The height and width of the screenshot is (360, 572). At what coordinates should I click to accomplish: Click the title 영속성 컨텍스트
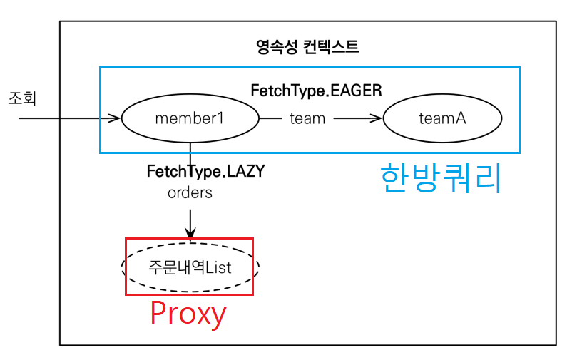pyautogui.click(x=307, y=48)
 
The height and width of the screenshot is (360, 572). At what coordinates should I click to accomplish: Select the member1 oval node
pyautogui.click(x=190, y=118)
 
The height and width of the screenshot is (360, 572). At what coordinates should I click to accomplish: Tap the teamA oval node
pyautogui.click(x=442, y=118)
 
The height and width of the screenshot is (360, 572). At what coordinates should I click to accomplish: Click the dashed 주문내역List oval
pyautogui.click(x=190, y=267)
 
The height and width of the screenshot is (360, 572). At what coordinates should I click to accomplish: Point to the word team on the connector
pyautogui.click(x=307, y=118)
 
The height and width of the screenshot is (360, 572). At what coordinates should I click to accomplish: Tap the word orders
pyautogui.click(x=190, y=192)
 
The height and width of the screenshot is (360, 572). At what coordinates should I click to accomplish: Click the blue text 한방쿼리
pyautogui.click(x=441, y=178)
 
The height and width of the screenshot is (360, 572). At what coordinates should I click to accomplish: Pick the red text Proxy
pyautogui.click(x=188, y=314)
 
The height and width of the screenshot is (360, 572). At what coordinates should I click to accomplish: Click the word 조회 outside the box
pyautogui.click(x=21, y=98)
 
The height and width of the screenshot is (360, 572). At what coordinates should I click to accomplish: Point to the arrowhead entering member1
pyautogui.click(x=116, y=118)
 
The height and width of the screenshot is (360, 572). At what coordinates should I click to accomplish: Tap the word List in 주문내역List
pyautogui.click(x=218, y=267)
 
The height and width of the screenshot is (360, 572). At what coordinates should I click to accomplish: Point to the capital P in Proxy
pyautogui.click(x=159, y=314)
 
